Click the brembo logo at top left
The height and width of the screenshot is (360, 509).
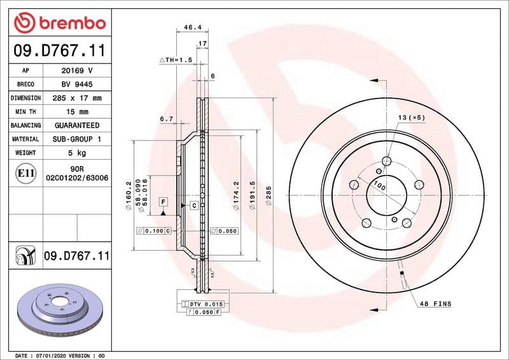click(59, 23)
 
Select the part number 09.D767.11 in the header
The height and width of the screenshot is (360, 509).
click(59, 50)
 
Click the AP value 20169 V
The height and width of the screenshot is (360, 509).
click(77, 71)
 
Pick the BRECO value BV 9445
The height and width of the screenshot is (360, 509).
click(77, 85)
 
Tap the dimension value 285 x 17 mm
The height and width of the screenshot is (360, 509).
click(77, 99)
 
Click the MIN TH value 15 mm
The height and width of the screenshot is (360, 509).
click(77, 112)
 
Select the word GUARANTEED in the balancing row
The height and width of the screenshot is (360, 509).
click(77, 126)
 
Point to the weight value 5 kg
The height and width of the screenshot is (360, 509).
click(77, 153)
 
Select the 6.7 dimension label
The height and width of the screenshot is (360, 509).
click(167, 119)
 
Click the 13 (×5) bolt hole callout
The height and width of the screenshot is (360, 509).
click(411, 118)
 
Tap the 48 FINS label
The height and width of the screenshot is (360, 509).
click(435, 304)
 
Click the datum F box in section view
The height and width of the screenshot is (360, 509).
click(163, 202)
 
